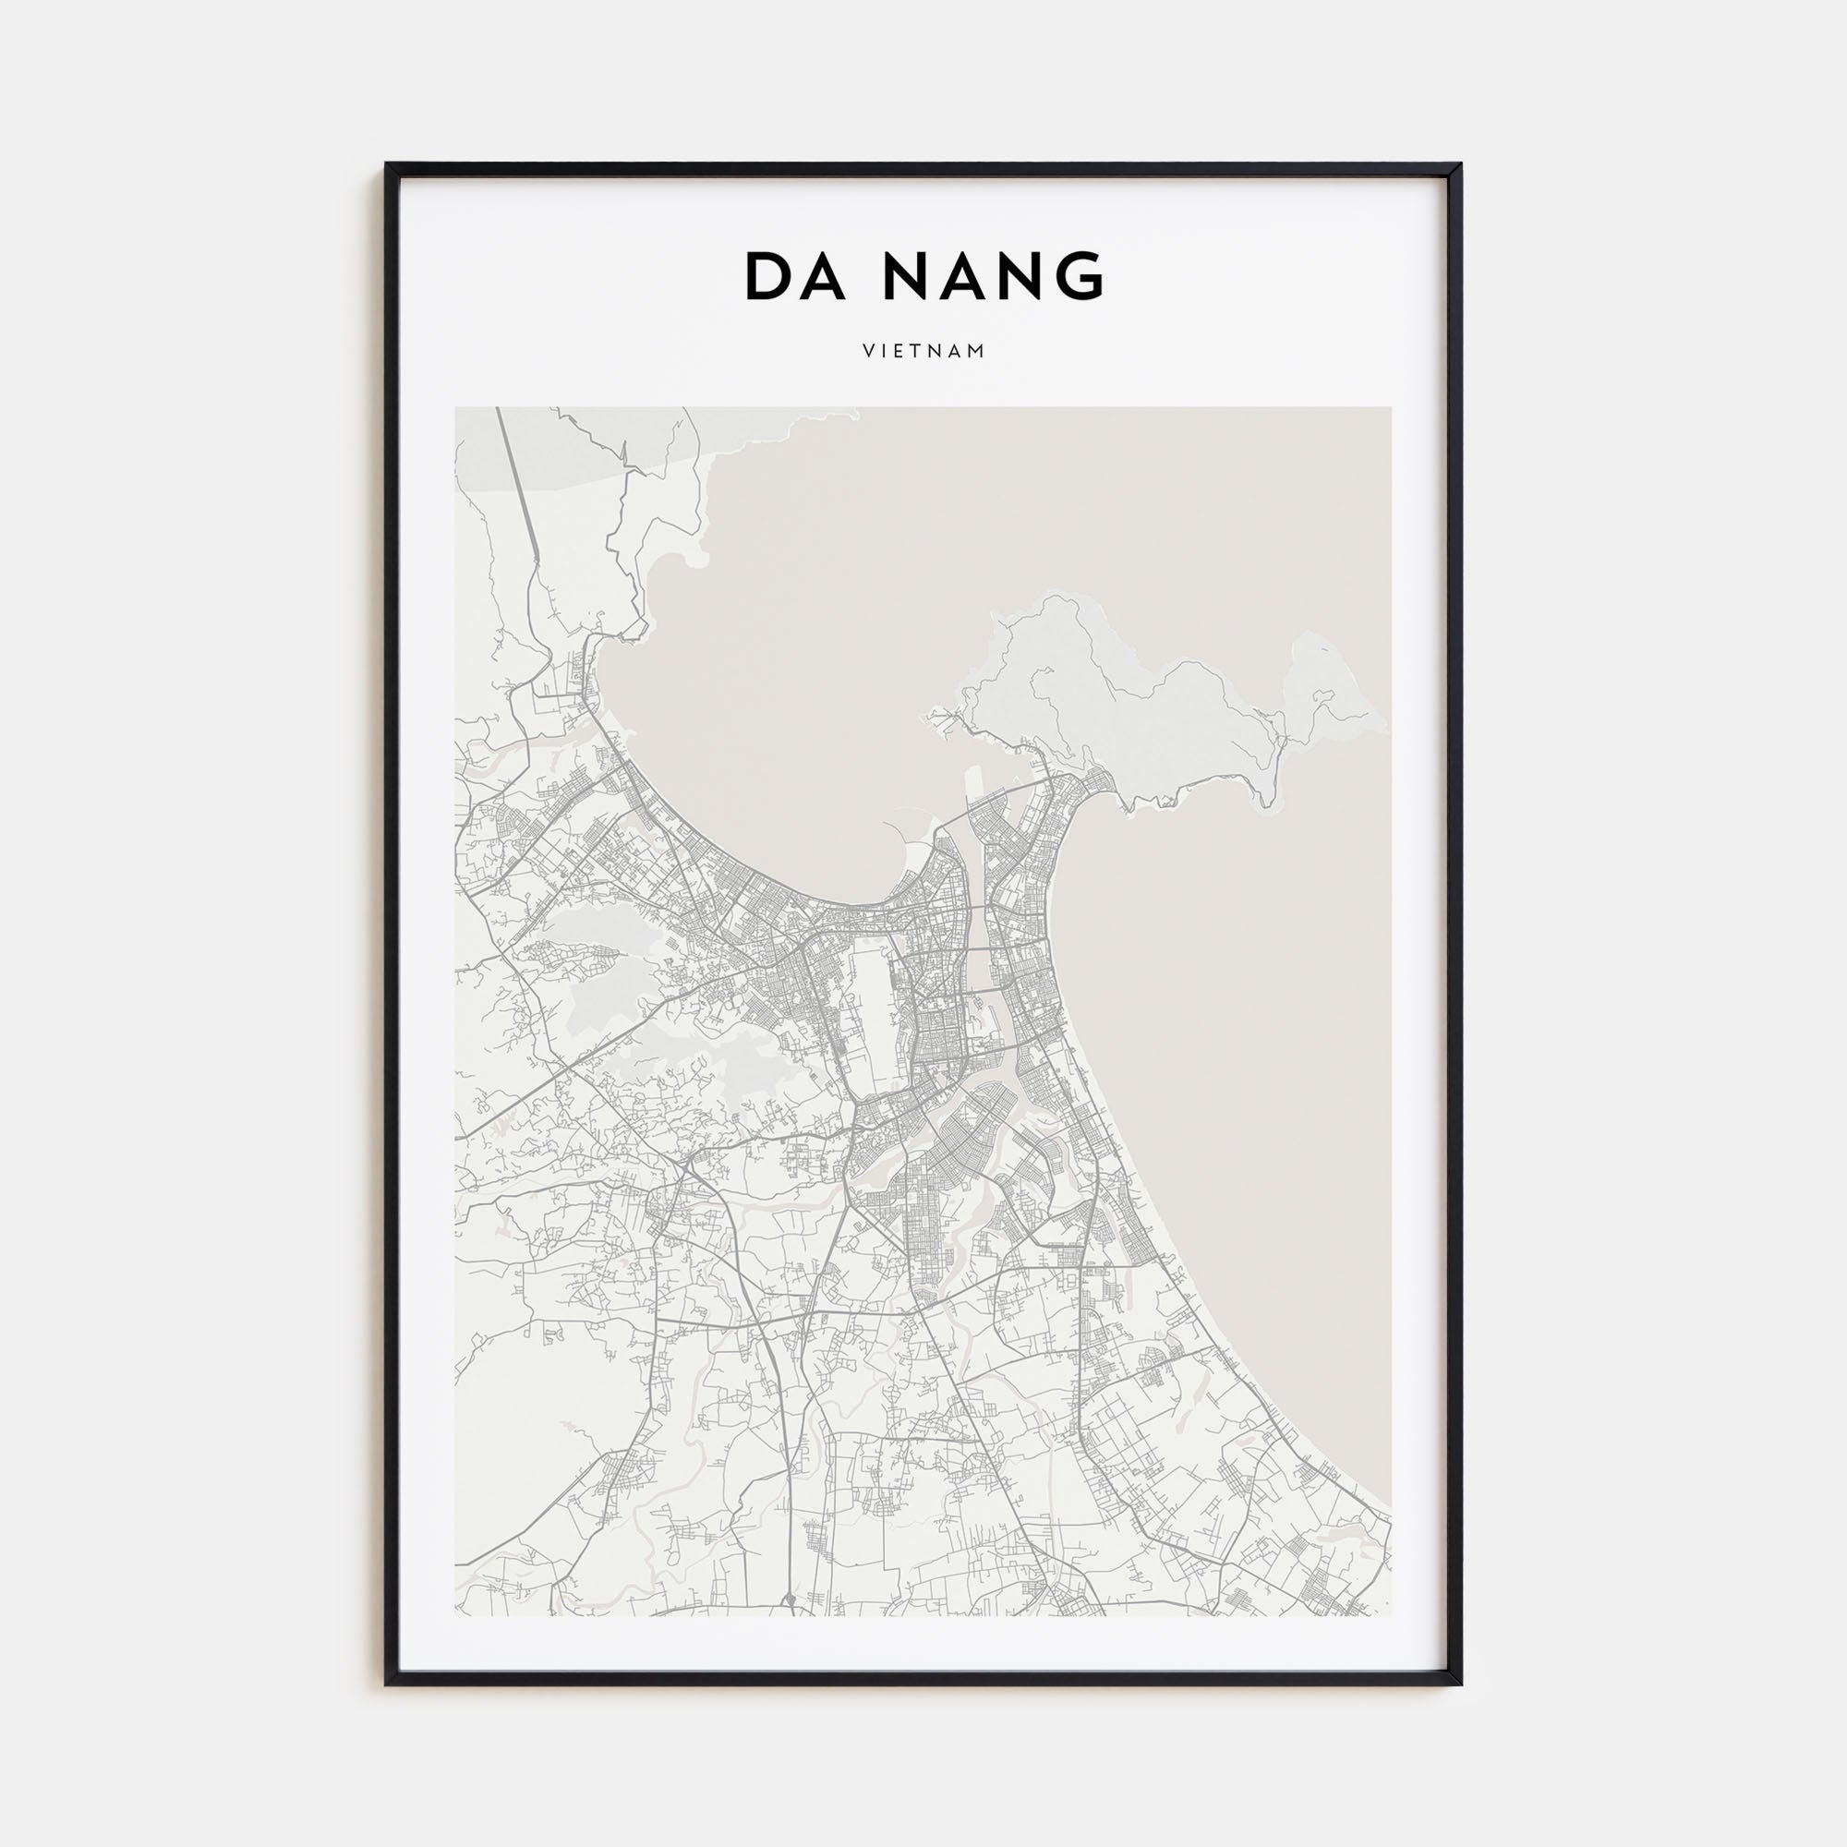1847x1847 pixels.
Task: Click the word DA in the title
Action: (x=793, y=277)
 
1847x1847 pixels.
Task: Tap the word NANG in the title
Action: (x=995, y=277)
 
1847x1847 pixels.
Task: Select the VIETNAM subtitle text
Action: (x=923, y=352)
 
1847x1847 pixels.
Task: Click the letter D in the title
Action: (x=767, y=277)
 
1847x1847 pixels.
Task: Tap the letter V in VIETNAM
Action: (x=866, y=352)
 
